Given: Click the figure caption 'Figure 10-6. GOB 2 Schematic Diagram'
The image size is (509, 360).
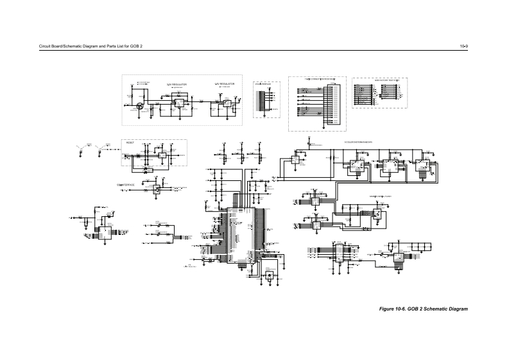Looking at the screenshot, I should (x=424, y=310).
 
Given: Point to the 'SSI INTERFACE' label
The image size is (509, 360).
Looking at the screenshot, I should (x=125, y=185).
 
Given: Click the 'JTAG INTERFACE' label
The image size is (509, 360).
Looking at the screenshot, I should (x=261, y=83).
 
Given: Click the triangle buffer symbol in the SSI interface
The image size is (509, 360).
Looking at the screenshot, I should (x=155, y=190).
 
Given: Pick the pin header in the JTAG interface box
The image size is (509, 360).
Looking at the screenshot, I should (x=261, y=99).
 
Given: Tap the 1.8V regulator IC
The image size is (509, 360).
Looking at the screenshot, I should (x=226, y=102).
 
